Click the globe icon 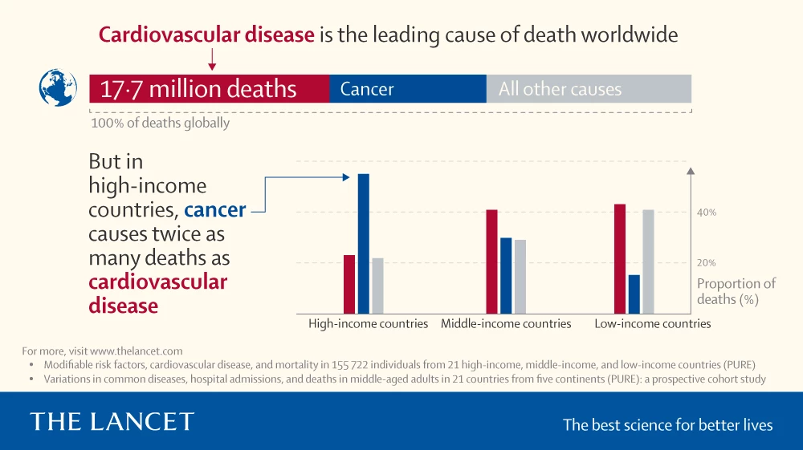pyautogui.click(x=58, y=88)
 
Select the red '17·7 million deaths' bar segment pyautogui.click(x=209, y=88)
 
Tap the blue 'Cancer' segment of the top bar pyautogui.click(x=407, y=88)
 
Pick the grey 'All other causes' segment pyautogui.click(x=589, y=88)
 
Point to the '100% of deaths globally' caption pyautogui.click(x=160, y=123)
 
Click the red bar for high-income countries pyautogui.click(x=349, y=284)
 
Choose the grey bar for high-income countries pyautogui.click(x=377, y=286)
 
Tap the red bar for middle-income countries pyautogui.click(x=491, y=261)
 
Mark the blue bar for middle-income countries pyautogui.click(x=506, y=275)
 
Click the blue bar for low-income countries pyautogui.click(x=634, y=294)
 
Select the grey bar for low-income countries pyautogui.click(x=649, y=261)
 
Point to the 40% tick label pyautogui.click(x=706, y=213)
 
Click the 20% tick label pyautogui.click(x=706, y=263)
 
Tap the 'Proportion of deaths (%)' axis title pyautogui.click(x=736, y=291)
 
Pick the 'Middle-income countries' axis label pyautogui.click(x=506, y=324)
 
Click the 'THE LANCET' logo pyautogui.click(x=112, y=422)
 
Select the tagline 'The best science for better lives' pyautogui.click(x=667, y=424)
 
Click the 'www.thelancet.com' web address pyautogui.click(x=137, y=351)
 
